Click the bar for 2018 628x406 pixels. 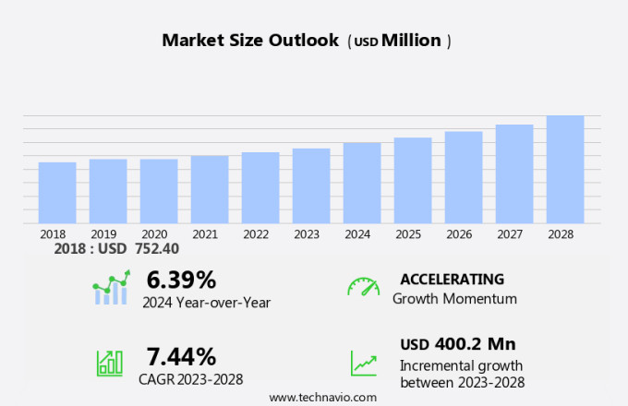pyautogui.click(x=57, y=193)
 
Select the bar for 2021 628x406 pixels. pyautogui.click(x=210, y=189)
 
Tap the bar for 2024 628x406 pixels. pyautogui.click(x=362, y=183)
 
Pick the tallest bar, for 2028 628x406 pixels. pyautogui.click(x=565, y=169)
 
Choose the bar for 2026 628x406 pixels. pyautogui.click(x=464, y=177)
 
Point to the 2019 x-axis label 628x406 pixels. pyautogui.click(x=103, y=234)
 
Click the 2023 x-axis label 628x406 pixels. pyautogui.click(x=307, y=234)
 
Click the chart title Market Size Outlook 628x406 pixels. pyautogui.click(x=249, y=41)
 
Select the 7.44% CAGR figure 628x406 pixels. pyautogui.click(x=181, y=356)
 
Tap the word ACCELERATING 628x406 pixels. pyautogui.click(x=452, y=279)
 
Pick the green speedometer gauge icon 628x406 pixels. pyautogui.click(x=363, y=286)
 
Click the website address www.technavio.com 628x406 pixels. pyautogui.click(x=322, y=397)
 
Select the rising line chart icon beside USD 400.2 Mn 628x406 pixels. pyautogui.click(x=363, y=363)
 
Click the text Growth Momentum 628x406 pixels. pyautogui.click(x=454, y=299)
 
